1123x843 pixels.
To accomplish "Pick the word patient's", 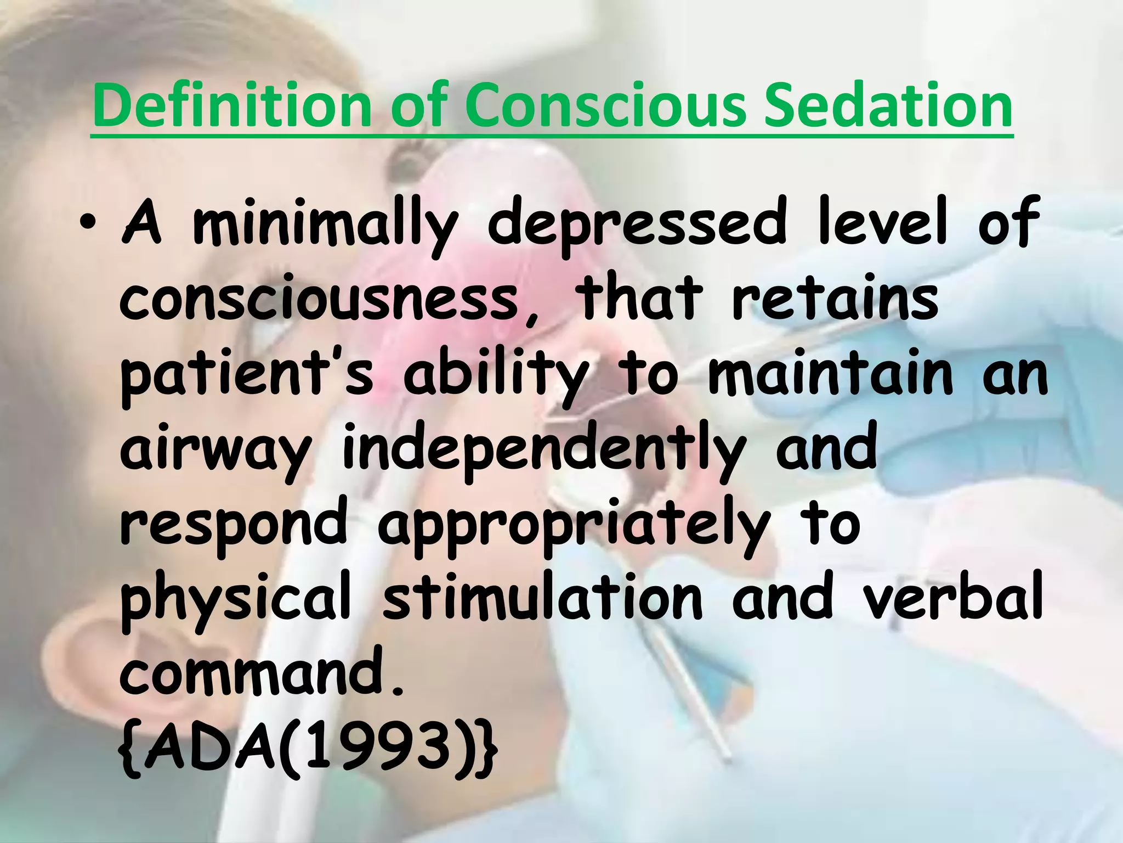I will [246, 375].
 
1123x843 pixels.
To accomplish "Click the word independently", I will [543, 452].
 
